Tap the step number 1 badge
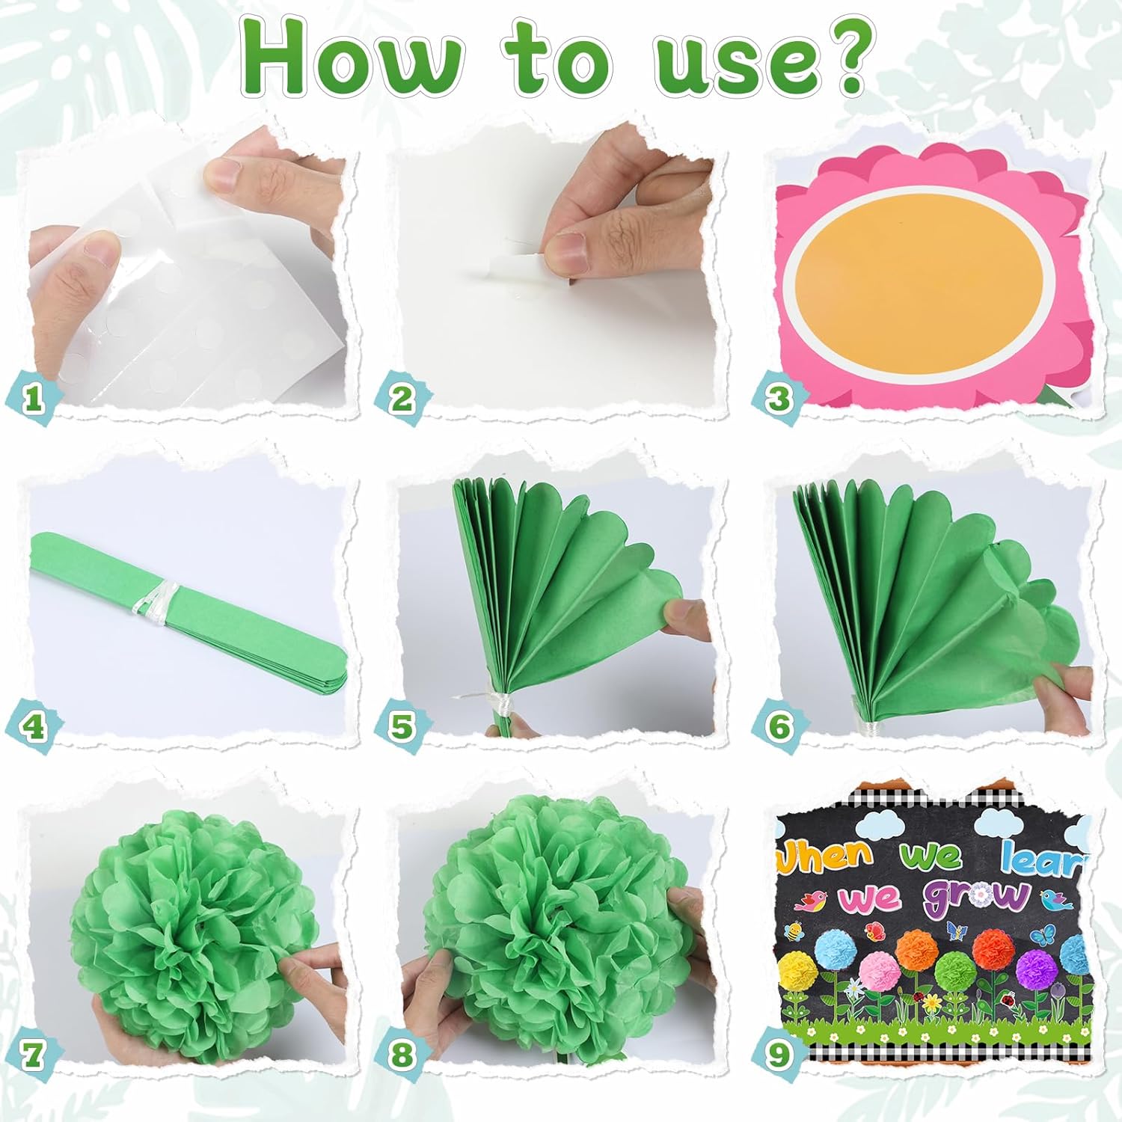point(32,398)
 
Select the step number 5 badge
point(402,726)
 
